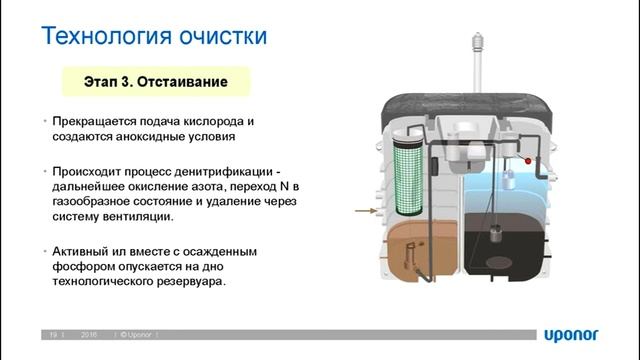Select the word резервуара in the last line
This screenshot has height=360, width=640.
pos(193,281)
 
